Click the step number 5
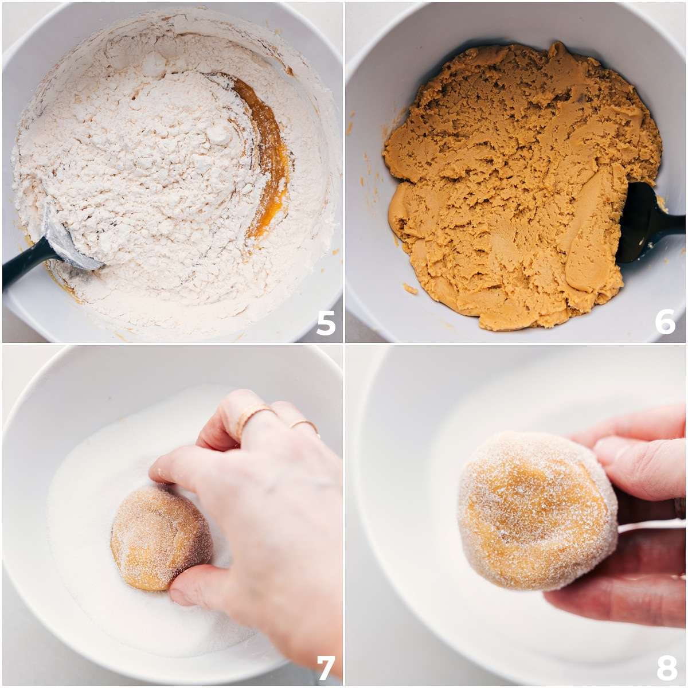pyautogui.click(x=326, y=323)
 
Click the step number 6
pyautogui.click(x=665, y=323)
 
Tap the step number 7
pyautogui.click(x=325, y=667)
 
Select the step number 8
pyautogui.click(x=666, y=667)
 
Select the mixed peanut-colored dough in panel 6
pyautogui.click(x=505, y=172)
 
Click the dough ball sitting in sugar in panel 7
pyautogui.click(x=158, y=536)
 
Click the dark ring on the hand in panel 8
pyautogui.click(x=680, y=508)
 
